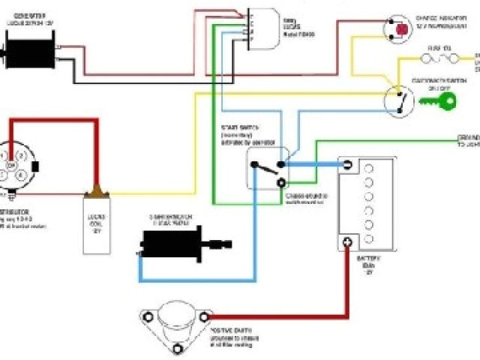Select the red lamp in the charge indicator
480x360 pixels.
click(402, 29)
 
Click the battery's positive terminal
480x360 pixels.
click(347, 241)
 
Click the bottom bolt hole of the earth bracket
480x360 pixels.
click(177, 349)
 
